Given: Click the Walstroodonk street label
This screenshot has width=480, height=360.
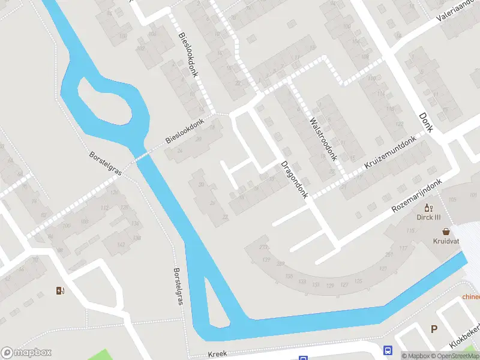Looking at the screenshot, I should tap(322, 139).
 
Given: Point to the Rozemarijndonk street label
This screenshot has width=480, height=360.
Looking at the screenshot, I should tap(416, 196).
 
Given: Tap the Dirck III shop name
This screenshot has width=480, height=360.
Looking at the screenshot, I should tap(429, 217).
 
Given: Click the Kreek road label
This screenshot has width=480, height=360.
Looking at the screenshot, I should tap(218, 354).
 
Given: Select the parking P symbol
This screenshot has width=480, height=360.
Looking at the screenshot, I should tap(434, 328).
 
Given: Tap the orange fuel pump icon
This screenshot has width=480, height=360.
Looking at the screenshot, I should tap(60, 291).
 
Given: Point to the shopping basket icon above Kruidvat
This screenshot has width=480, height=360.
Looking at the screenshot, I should tap(446, 231).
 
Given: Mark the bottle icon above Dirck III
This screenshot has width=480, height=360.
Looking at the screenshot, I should tap(428, 208).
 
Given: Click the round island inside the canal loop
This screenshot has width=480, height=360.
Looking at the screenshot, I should tap(103, 108).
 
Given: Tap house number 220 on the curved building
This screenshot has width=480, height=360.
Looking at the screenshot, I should tap(262, 247).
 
